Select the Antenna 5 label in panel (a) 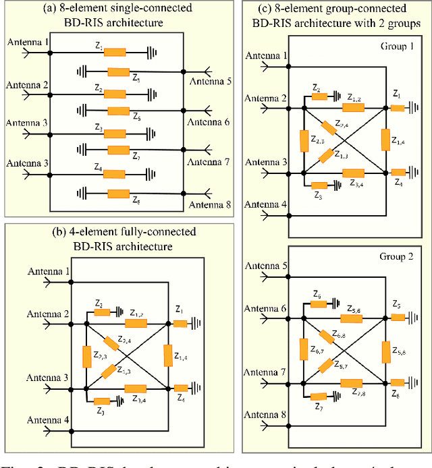point(210,82)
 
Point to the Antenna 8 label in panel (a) point(210,205)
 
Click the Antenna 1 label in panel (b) point(48,271)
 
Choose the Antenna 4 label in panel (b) point(48,420)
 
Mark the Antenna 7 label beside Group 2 point(265,372)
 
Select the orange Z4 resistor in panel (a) point(115,174)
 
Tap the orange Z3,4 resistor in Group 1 point(353,173)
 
